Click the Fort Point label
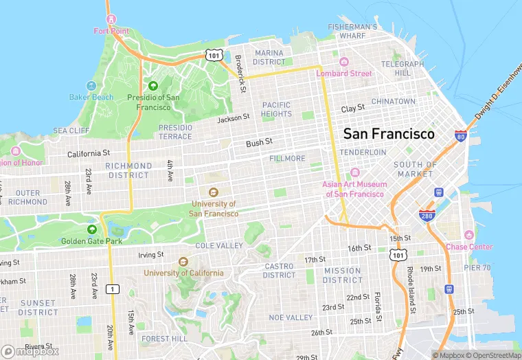[x=111, y=31]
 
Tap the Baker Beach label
[x=91, y=97]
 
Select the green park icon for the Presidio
[x=152, y=85]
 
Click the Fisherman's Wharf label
[x=352, y=31]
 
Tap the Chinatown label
[x=393, y=101]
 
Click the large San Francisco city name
[x=389, y=133]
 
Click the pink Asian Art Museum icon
[x=355, y=172]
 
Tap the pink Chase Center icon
[x=469, y=236]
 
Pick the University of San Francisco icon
[x=213, y=192]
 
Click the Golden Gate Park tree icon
[x=92, y=229]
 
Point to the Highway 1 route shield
[x=111, y=289]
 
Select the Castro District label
[x=279, y=271]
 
